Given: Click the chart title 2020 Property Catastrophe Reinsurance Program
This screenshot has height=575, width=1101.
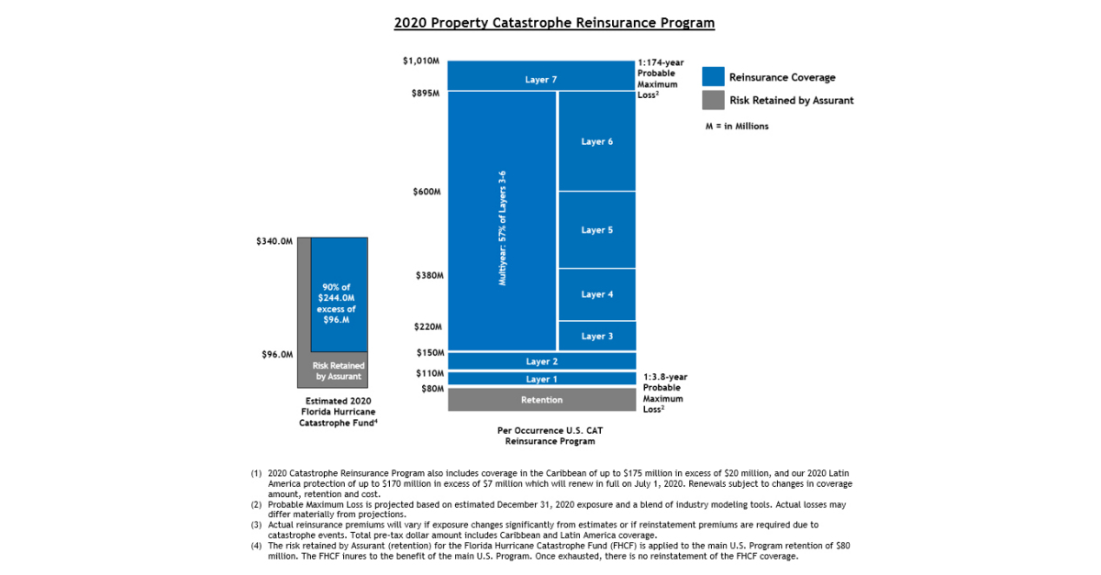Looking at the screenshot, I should [554, 22].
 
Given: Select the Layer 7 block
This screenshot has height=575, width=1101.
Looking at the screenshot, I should [541, 80].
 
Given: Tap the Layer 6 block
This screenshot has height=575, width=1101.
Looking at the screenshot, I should [596, 141].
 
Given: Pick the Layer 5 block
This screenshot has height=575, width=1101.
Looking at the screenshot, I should [596, 230].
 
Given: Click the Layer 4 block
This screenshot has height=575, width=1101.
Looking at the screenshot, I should [596, 294].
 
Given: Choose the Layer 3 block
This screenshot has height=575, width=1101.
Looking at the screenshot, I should [596, 337].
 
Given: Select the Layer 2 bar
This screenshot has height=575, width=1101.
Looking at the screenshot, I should [541, 361].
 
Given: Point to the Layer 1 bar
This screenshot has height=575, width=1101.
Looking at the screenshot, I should [541, 379].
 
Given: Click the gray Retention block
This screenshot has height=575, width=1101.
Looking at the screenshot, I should [541, 400].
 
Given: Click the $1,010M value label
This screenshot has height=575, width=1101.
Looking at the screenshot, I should [421, 61].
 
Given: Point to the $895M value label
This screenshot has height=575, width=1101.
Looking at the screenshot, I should [425, 94].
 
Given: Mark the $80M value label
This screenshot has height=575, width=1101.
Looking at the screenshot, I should [428, 389].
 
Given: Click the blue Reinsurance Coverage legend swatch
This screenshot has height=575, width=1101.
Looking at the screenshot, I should [713, 77].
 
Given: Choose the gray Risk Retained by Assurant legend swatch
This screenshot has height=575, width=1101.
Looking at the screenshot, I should [713, 100].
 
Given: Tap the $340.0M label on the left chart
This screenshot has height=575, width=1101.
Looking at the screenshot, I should [274, 242].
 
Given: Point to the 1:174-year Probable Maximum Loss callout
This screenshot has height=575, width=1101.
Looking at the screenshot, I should [661, 79].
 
